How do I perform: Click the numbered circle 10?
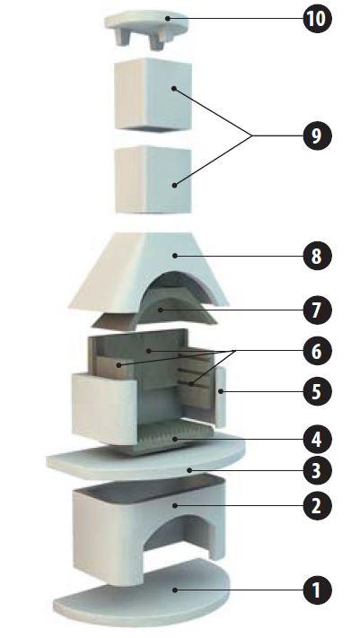click(317, 19)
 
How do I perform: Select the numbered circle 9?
click(317, 135)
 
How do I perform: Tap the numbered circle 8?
click(317, 256)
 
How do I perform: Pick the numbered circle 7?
click(317, 310)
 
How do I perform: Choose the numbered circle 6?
click(317, 351)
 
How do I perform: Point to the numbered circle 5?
click(317, 391)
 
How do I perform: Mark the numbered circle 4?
click(317, 440)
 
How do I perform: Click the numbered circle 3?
click(317, 471)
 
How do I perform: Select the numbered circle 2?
click(317, 506)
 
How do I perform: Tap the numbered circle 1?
click(317, 590)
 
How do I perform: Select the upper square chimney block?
click(154, 95)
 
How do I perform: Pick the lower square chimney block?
click(154, 179)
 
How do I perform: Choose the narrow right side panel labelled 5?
click(220, 396)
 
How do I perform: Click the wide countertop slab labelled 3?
click(145, 462)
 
